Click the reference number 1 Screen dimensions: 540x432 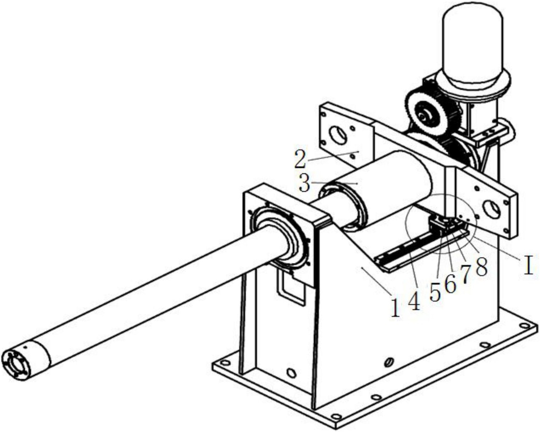[395, 308]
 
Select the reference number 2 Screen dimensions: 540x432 [300, 159]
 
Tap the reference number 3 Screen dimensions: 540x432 [304, 183]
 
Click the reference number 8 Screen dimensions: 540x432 [481, 266]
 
